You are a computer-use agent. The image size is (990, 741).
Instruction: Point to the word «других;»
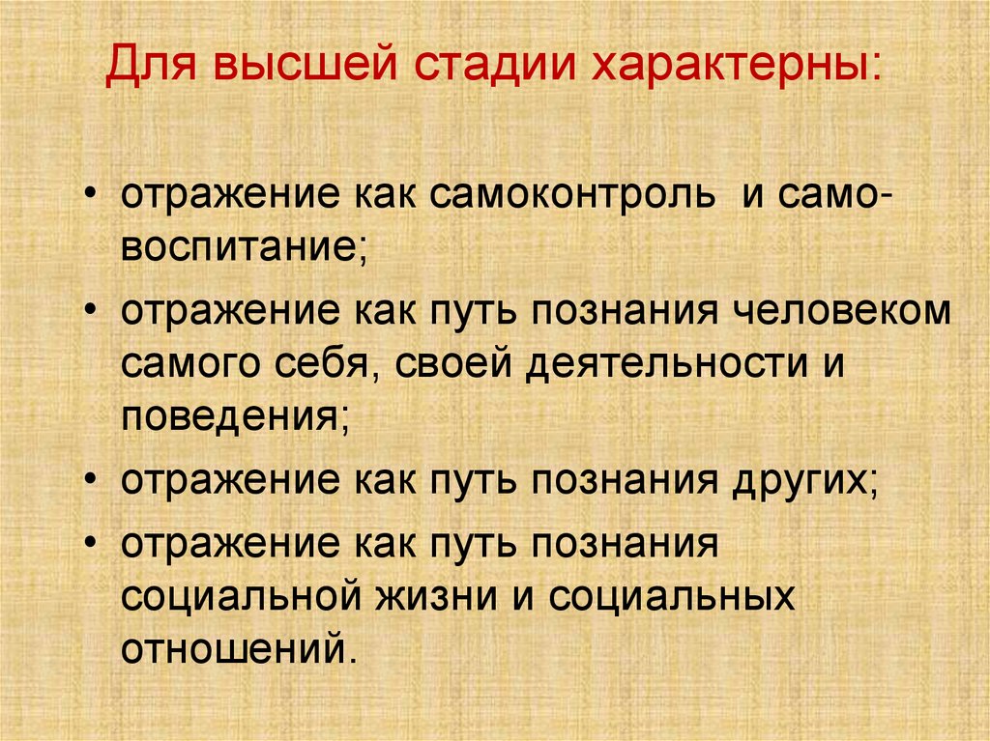tap(801, 480)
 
